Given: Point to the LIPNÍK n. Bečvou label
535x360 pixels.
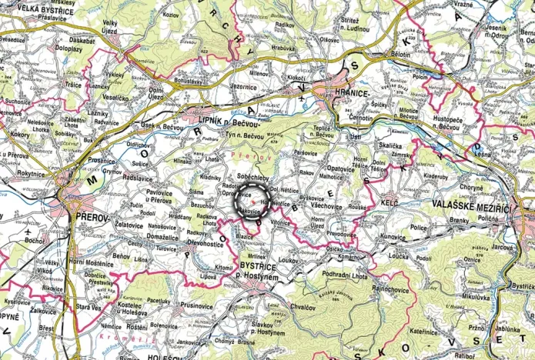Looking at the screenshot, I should click(x=220, y=122).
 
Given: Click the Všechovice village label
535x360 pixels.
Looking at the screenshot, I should click(x=328, y=206).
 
